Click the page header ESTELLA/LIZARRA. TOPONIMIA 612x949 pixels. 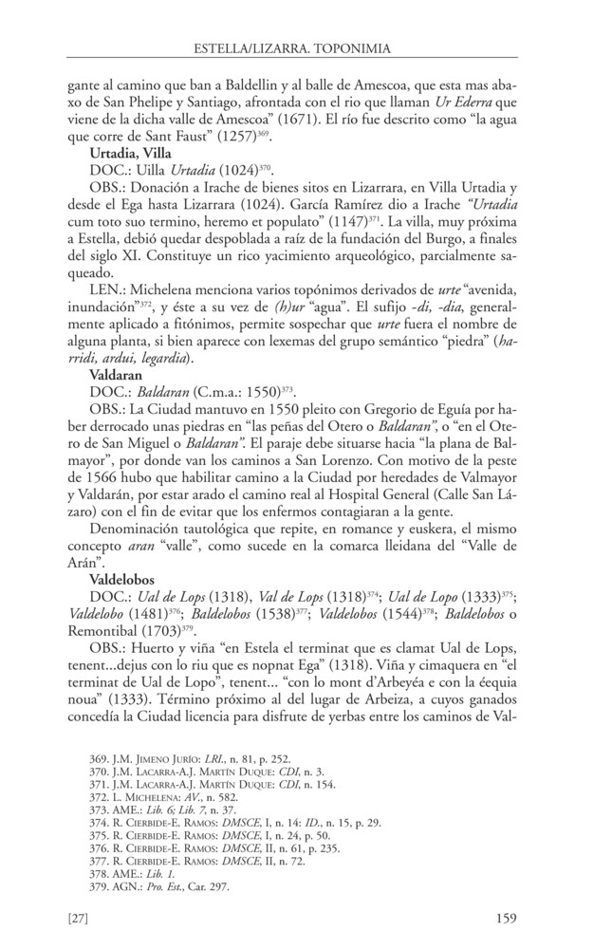click(x=306, y=46)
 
